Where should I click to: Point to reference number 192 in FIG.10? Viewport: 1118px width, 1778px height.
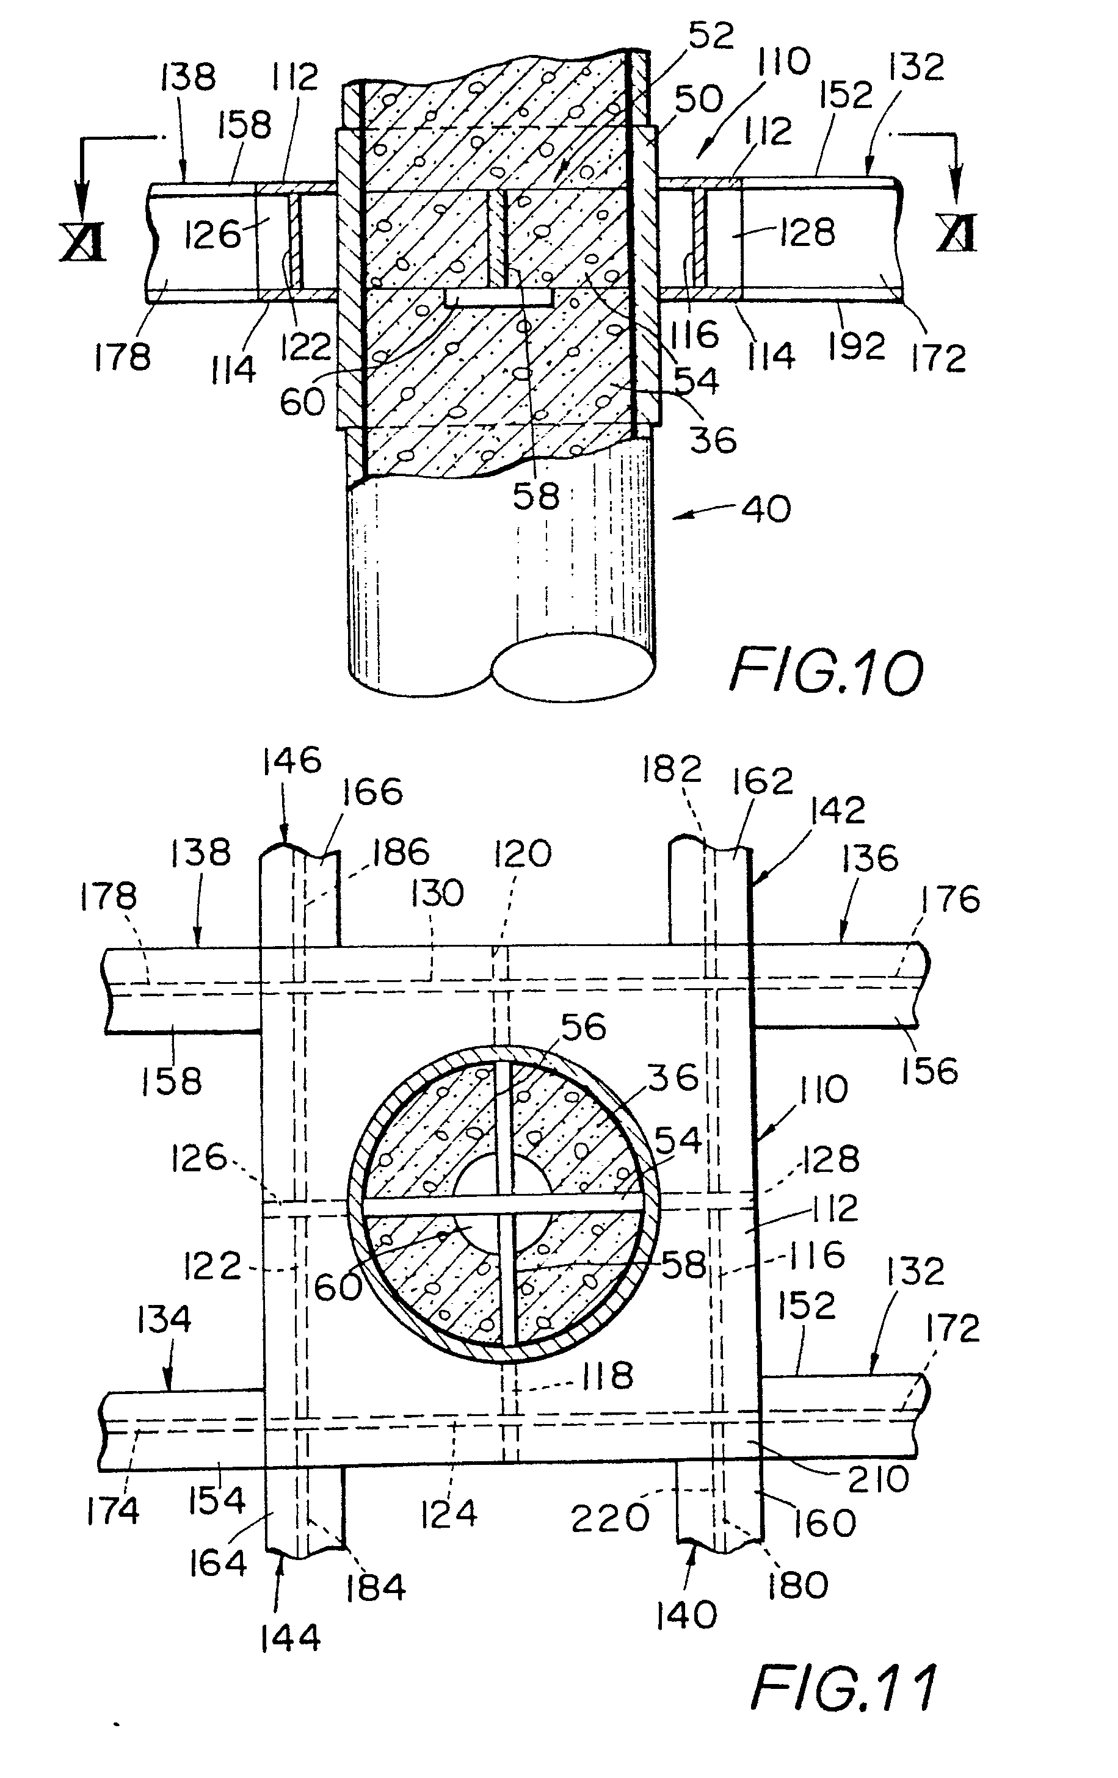(x=855, y=345)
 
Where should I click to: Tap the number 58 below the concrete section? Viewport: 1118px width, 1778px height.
(x=536, y=496)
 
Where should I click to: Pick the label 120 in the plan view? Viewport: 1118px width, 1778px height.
(x=522, y=855)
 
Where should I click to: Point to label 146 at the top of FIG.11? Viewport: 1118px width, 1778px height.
(x=292, y=761)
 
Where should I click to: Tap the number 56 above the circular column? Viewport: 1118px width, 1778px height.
(x=583, y=1027)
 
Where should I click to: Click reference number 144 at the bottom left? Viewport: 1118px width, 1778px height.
(x=290, y=1638)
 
